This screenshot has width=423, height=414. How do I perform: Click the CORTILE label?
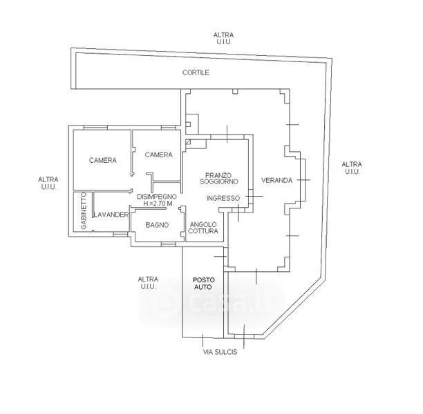[x=196, y=72]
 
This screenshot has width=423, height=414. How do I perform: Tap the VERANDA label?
[x=276, y=180]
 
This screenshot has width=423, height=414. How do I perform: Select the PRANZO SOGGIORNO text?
[x=219, y=178]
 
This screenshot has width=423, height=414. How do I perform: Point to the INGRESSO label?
[x=223, y=198]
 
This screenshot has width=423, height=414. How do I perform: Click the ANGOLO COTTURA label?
[x=203, y=228]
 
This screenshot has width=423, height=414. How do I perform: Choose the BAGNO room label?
[x=157, y=225]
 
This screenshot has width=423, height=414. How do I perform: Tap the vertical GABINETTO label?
[x=84, y=210]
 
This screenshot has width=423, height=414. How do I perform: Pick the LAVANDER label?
[x=111, y=215]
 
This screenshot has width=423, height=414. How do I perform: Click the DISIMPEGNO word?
[x=157, y=197]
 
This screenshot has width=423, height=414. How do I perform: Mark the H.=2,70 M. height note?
[x=158, y=204]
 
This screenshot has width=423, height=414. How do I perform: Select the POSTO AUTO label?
[x=204, y=284]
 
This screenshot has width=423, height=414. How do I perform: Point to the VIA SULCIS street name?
[x=220, y=352]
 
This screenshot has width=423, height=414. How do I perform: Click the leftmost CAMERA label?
[x=103, y=160]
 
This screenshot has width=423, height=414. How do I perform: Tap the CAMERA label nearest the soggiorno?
[x=159, y=155]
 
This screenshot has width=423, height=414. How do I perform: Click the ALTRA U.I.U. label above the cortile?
[x=223, y=38]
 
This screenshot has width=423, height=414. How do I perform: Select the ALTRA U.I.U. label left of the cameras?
[x=48, y=183]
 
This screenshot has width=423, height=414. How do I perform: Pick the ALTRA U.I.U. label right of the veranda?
[x=352, y=168]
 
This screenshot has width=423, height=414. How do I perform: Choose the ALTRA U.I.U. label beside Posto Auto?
[x=148, y=283]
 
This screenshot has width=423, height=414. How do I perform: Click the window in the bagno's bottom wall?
[x=169, y=244]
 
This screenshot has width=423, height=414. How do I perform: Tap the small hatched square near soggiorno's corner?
[x=188, y=141]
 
